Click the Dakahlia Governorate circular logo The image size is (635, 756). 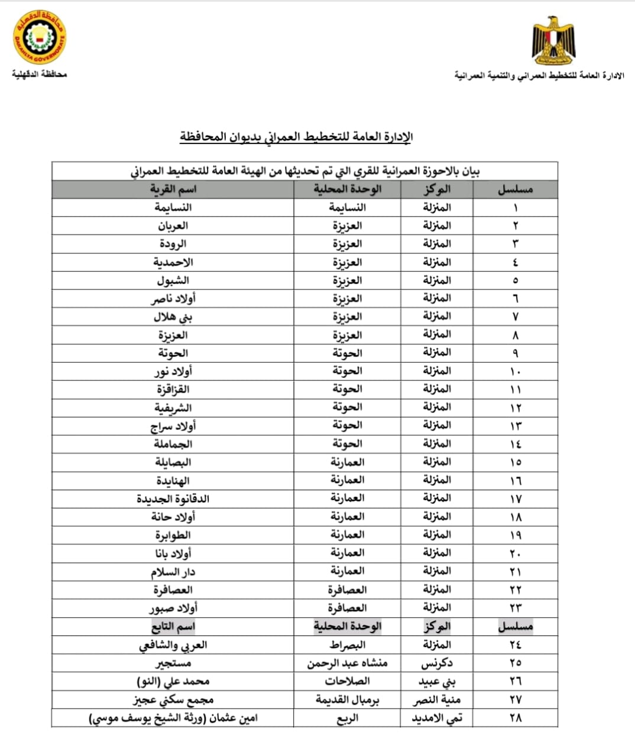(40, 38)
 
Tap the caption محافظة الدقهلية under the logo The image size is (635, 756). (39, 74)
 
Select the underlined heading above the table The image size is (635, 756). (296, 137)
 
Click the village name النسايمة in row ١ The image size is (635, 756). (173, 207)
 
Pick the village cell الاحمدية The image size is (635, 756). (173, 262)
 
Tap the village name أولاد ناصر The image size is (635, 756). (173, 298)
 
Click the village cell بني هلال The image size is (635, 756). (173, 317)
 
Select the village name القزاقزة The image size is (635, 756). (173, 389)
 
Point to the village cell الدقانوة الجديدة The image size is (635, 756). (173, 498)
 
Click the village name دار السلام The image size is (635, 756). (173, 571)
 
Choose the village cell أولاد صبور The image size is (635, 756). (173, 607)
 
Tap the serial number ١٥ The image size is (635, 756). (515, 462)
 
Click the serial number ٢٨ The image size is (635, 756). (515, 718)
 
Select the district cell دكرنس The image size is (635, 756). (437, 663)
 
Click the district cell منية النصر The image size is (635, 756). (437, 700)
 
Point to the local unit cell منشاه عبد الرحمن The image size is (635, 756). (347, 663)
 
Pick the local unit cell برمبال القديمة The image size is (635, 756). (347, 700)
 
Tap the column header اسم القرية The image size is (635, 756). (173, 189)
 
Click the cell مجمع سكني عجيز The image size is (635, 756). (173, 700)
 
